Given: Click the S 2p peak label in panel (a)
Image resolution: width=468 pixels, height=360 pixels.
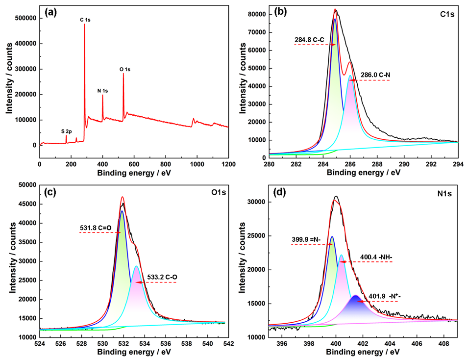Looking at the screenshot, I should click(66, 131).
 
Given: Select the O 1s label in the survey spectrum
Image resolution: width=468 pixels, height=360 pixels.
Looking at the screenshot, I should click(125, 70).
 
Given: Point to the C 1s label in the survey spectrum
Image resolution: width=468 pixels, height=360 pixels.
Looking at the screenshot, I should click(86, 20).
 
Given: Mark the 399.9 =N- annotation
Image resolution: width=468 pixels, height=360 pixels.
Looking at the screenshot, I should click(306, 239).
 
